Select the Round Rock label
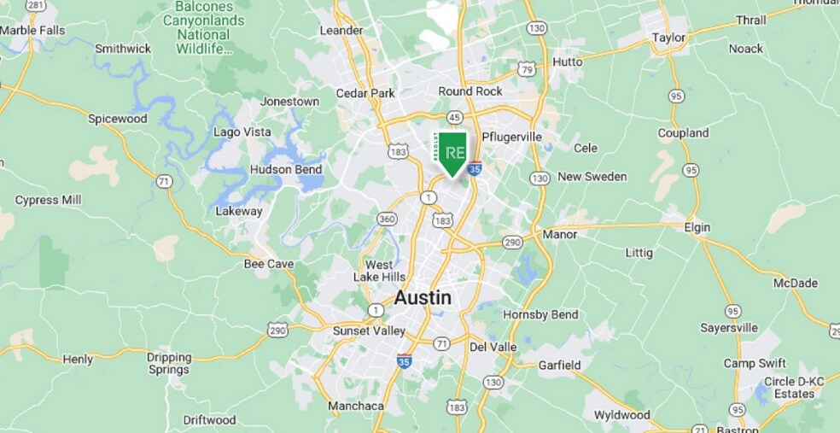(x=470, y=91)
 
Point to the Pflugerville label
(x=511, y=137)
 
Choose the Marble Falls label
(x=32, y=30)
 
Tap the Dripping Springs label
(x=168, y=364)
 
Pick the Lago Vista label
(x=242, y=132)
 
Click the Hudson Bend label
(x=286, y=169)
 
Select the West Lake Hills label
(x=380, y=271)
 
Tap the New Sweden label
(x=592, y=177)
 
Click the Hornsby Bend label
(x=540, y=314)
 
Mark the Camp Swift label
(x=755, y=363)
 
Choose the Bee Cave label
(x=268, y=264)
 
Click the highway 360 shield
(x=388, y=219)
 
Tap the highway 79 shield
(x=528, y=68)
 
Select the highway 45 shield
(x=455, y=117)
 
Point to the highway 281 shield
(x=36, y=5)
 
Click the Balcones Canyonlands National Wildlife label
(x=203, y=28)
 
